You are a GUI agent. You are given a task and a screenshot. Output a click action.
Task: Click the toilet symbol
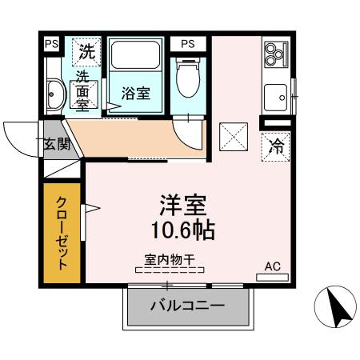point(188,78)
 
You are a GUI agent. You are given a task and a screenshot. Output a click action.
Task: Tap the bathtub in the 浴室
point(135,54)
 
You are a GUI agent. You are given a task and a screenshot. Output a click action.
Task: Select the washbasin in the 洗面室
point(56,94)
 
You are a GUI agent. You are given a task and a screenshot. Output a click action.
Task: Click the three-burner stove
point(276,54)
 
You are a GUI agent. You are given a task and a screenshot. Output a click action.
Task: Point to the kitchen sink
point(276,98)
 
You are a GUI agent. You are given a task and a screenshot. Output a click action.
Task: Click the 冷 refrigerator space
point(275,147)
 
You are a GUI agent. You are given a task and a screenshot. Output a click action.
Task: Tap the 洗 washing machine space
point(87,52)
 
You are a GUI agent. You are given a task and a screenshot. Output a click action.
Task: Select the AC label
point(273,266)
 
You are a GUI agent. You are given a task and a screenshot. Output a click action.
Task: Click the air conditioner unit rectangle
point(272,278)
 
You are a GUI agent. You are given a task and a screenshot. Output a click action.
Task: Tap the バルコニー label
point(187,306)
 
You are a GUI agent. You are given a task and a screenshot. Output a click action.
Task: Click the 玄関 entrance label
point(58,144)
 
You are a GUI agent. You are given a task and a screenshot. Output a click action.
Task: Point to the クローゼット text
point(62,233)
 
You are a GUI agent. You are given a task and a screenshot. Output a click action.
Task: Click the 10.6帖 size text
point(183,230)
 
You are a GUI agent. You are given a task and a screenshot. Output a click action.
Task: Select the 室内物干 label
point(169,259)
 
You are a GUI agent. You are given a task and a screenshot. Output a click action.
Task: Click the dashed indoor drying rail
point(170,270)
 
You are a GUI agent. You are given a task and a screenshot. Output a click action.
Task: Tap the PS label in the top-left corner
point(51,44)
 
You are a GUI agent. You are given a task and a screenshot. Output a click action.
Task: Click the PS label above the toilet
point(188,44)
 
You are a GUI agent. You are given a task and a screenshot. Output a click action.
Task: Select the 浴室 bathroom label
point(136,93)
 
